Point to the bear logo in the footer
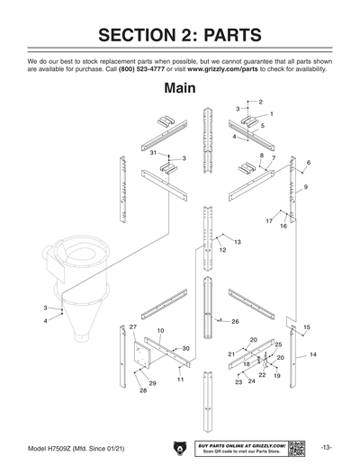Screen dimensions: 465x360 [x=178, y=447]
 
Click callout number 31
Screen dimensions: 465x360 [x=154, y=154]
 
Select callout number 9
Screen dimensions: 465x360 [x=306, y=186]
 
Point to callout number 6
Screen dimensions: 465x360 [x=309, y=163]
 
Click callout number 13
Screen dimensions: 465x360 [x=238, y=242]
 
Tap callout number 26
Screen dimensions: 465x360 [x=235, y=321]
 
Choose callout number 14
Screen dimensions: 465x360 [x=313, y=355]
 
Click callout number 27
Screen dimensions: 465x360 [x=132, y=325]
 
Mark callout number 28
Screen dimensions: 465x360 [x=142, y=391]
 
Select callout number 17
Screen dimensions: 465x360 [x=269, y=219]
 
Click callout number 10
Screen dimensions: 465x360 [x=160, y=331]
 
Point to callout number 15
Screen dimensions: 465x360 [x=307, y=327]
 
